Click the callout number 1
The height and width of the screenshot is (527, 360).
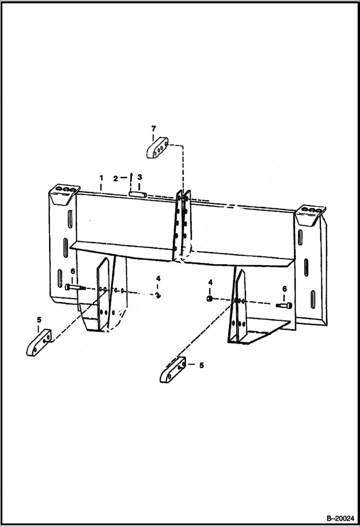101,178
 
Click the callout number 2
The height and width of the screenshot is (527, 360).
115,178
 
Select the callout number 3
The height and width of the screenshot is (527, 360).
139,178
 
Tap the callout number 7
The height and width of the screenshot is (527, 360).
153,128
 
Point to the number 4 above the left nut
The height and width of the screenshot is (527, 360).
158,279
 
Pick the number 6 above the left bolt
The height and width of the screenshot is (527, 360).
73,271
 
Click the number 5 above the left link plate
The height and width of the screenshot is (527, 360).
39,319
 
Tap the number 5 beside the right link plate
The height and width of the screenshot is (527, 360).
201,366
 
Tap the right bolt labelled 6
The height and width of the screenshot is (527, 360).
283,305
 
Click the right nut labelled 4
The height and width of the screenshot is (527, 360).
210,298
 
